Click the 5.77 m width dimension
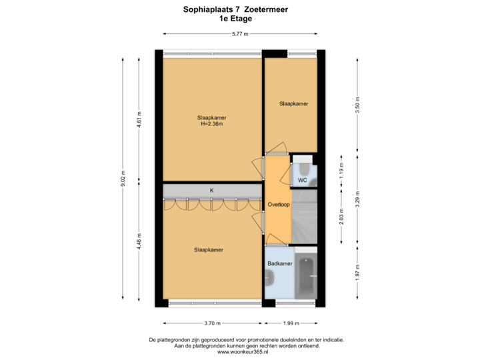coord(240,34)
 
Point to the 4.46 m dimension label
coord(139,239)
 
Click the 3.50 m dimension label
coord(357,105)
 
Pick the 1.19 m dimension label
coord(341,170)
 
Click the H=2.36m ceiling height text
coord(211,123)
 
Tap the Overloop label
coord(278,204)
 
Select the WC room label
coord(302,180)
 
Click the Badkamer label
coord(279,264)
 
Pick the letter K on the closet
coord(212,191)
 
